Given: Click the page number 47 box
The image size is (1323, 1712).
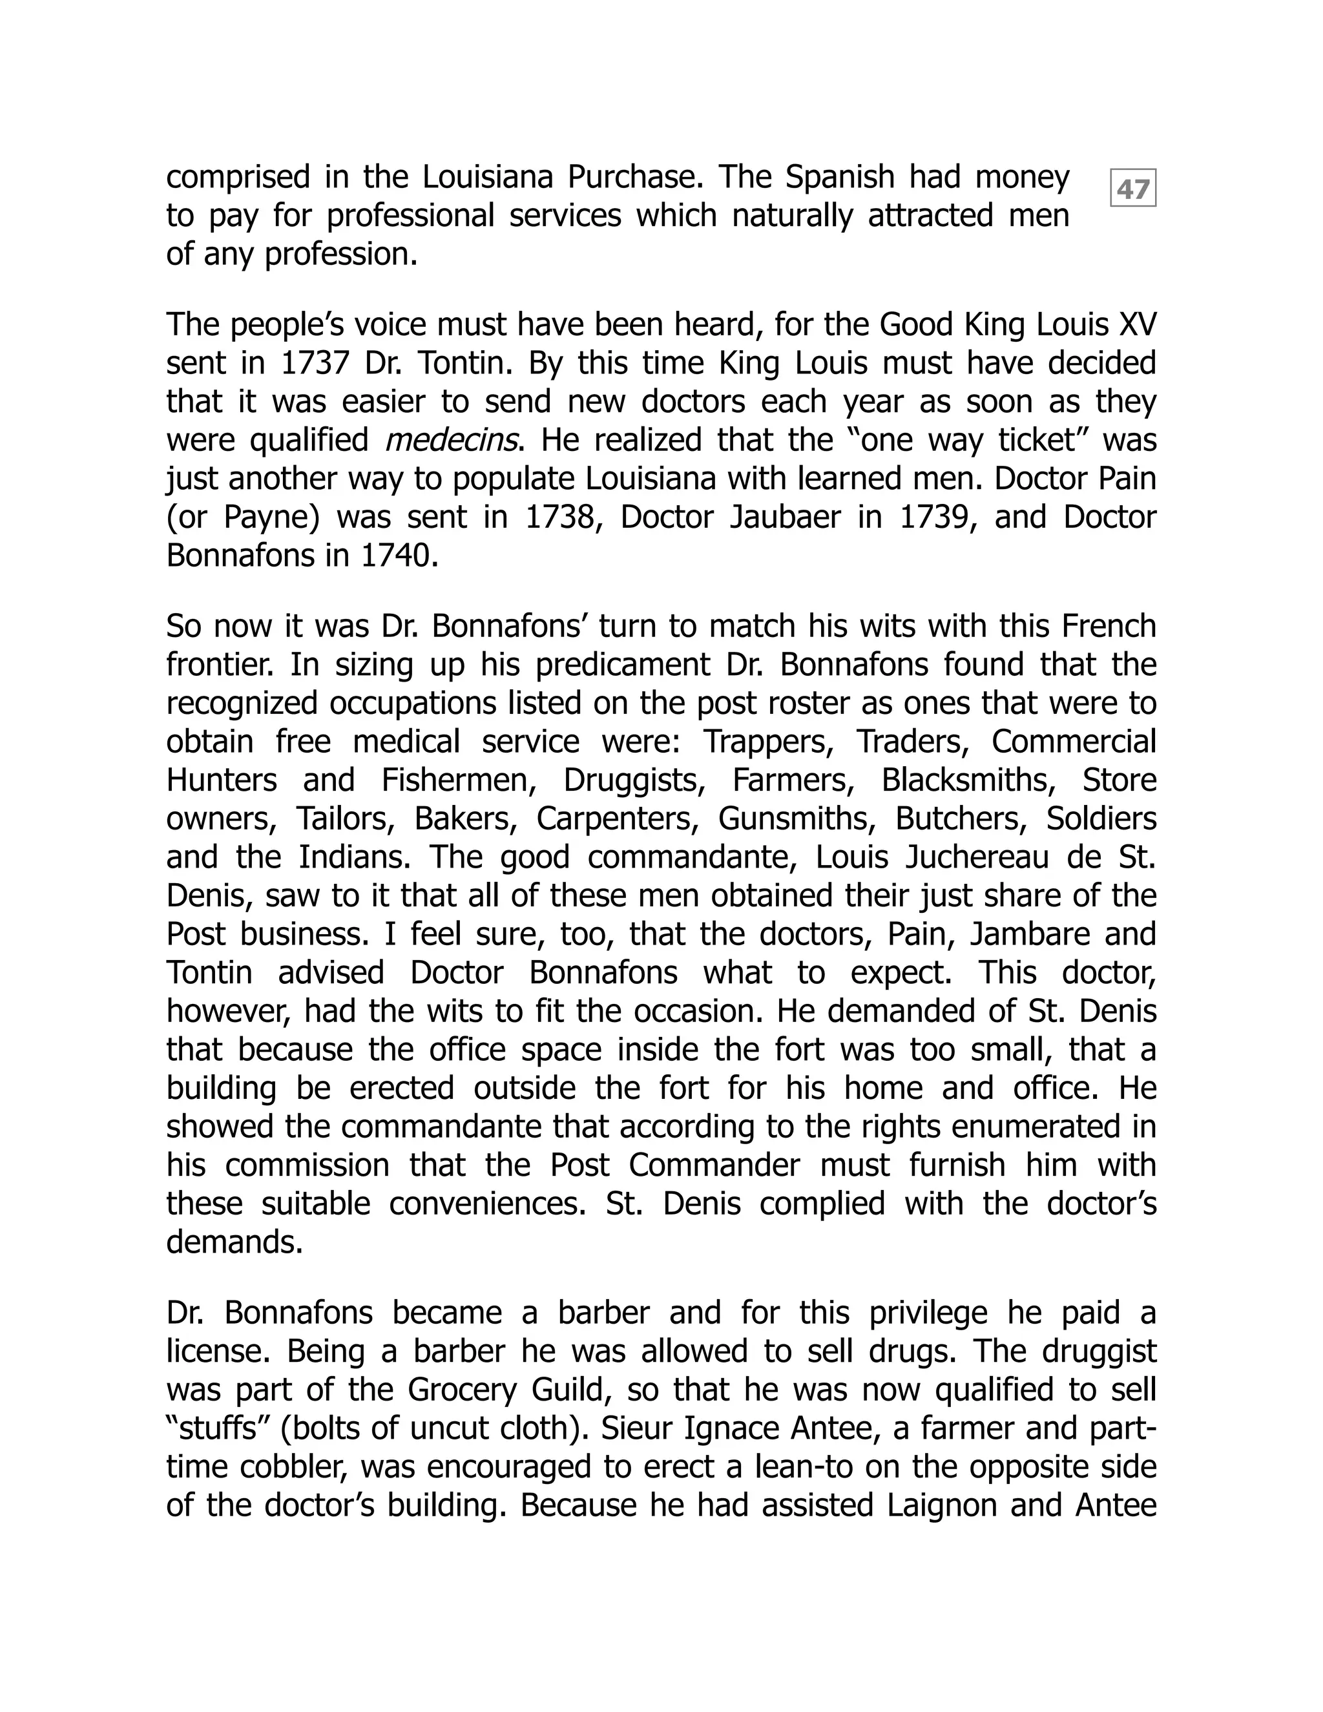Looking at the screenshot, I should tap(1132, 188).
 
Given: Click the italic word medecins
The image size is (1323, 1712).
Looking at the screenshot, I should tap(451, 441).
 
